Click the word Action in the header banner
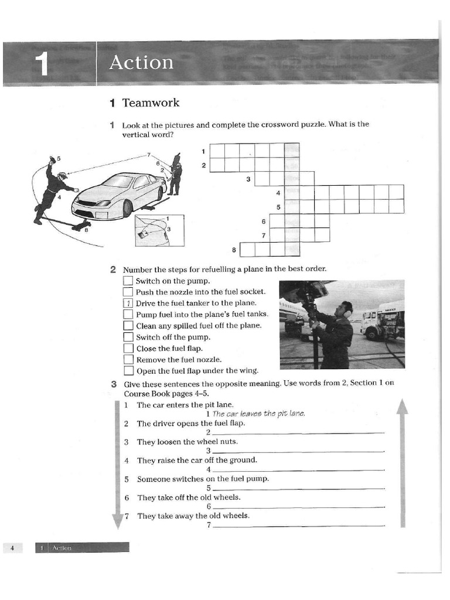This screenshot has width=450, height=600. point(141,62)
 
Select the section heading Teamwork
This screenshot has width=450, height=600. point(151,103)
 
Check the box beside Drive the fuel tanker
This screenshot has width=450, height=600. point(128,304)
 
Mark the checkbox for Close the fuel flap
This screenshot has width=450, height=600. point(128,349)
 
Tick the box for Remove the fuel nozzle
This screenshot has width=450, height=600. point(128,360)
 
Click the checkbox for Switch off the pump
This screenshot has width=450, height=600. point(128,337)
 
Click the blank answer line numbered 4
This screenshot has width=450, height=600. point(299,470)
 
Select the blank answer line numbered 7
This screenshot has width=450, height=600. point(299,526)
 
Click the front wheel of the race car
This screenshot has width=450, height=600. point(127,209)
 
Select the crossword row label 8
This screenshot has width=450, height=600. point(234,250)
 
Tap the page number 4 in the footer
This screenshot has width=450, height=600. point(12,548)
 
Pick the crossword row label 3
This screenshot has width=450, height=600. point(248,179)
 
